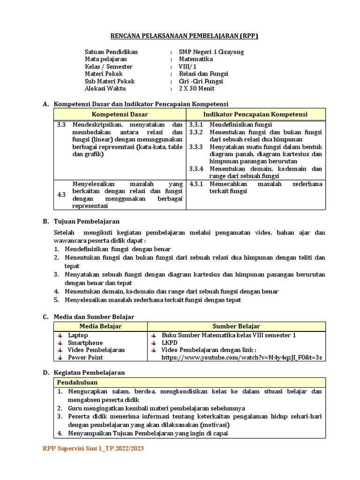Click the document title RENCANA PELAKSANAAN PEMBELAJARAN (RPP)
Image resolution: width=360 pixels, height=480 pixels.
click(184, 36)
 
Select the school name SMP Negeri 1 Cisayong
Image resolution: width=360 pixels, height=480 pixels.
click(211, 52)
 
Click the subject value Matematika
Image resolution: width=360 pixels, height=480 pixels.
click(196, 60)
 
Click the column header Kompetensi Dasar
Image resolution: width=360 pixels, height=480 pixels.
click(120, 114)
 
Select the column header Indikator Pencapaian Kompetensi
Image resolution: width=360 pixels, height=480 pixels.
click(255, 114)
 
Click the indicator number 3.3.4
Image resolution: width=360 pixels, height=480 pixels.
click(196, 169)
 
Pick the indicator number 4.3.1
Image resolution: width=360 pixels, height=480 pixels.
click(196, 184)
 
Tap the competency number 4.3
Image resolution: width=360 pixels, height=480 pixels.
click(61, 195)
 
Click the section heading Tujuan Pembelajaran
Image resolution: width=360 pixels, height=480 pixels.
click(87, 221)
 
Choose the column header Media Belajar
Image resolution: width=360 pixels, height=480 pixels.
click(100, 326)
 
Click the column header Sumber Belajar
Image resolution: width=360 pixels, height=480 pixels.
click(236, 326)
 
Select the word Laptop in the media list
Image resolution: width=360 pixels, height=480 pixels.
click(78, 335)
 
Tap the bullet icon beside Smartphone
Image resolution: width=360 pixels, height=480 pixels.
click(60, 343)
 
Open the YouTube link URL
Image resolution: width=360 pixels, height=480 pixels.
click(242, 358)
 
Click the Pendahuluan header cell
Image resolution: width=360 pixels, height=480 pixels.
click(77, 382)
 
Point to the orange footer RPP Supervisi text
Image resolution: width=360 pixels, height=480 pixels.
click(93, 449)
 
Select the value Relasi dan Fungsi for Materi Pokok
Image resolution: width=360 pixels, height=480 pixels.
click(203, 74)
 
